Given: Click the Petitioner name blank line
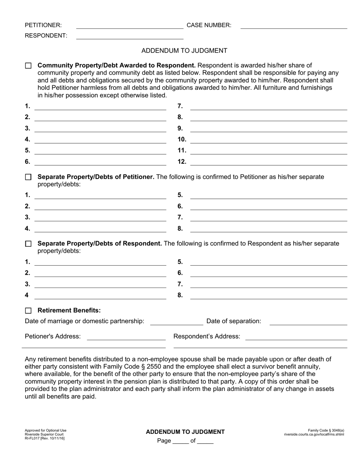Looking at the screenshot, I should click(x=130, y=26).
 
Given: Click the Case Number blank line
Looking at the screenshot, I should click(x=294, y=26).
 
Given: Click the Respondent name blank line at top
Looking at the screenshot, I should click(x=130, y=36).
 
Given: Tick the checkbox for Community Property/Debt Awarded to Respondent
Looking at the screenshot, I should click(x=28, y=66).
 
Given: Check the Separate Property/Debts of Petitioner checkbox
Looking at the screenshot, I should click(x=28, y=177).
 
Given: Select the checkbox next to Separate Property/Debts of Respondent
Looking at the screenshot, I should click(x=28, y=244).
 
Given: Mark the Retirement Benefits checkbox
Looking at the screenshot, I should click(x=28, y=311).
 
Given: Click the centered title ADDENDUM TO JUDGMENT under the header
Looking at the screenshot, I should click(x=184, y=50).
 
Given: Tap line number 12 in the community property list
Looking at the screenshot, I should click(x=268, y=162).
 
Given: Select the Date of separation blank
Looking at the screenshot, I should click(x=308, y=322).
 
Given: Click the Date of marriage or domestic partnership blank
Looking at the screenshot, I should click(x=177, y=322).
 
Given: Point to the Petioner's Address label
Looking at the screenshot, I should click(x=53, y=336).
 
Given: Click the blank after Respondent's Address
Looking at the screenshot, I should click(x=296, y=337).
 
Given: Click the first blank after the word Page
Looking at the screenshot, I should click(x=180, y=442).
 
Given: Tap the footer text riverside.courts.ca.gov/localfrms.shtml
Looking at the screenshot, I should click(x=314, y=434).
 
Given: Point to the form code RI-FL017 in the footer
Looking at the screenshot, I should click(x=33, y=438).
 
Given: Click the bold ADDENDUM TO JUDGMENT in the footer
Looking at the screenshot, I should click(x=185, y=432).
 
